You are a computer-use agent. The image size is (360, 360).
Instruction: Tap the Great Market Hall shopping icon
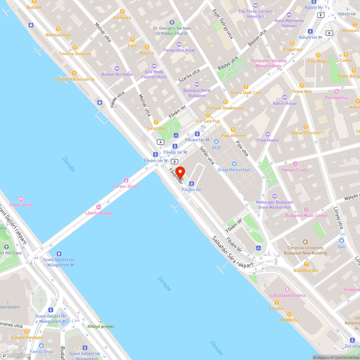point(234,164)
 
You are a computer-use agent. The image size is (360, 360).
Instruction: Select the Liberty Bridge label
point(98,213)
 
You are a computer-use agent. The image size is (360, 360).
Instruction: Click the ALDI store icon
point(216,141)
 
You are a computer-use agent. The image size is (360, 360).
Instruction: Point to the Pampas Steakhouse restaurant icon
point(225,102)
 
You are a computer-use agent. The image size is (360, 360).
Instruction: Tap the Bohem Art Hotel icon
point(117,68)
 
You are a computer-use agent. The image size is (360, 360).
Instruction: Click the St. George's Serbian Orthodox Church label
point(172,31)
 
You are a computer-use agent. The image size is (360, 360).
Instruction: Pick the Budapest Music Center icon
point(306,210)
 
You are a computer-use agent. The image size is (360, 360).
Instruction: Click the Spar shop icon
point(342,240)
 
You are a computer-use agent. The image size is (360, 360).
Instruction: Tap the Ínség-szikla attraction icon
point(21,199)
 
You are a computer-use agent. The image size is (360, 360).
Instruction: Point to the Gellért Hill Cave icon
point(6,247)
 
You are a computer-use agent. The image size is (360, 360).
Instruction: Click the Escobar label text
point(276,309)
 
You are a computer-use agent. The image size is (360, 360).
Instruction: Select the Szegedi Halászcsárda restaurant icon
point(74,73)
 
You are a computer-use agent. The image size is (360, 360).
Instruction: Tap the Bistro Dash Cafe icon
point(246,86)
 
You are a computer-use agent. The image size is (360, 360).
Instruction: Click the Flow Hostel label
point(268,140)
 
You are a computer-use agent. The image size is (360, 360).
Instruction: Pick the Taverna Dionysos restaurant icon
point(75,48)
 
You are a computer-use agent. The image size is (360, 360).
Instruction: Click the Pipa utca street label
point(242,148)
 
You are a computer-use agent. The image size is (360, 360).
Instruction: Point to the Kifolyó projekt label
point(101,327)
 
